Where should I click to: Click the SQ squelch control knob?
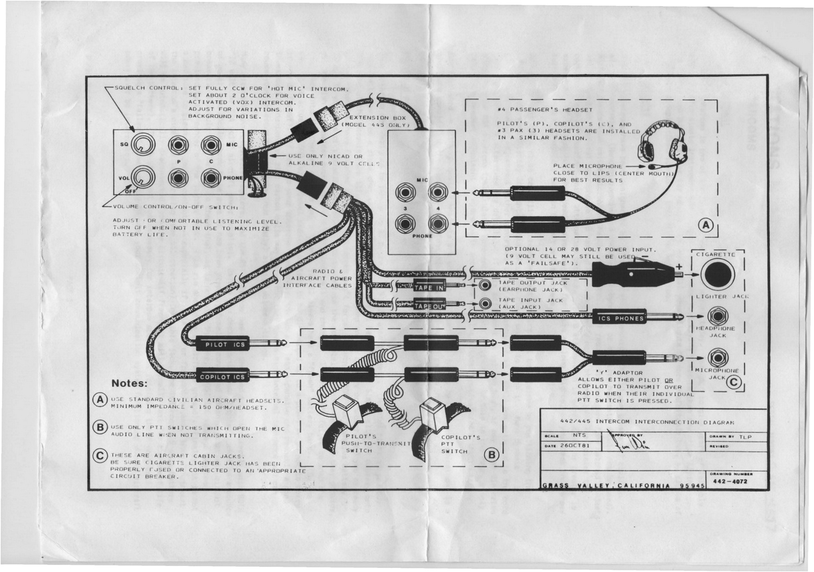(143, 144)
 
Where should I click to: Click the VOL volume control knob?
(143, 177)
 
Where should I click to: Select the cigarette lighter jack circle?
(718, 275)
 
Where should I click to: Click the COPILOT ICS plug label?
(223, 376)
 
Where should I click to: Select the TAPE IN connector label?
(429, 287)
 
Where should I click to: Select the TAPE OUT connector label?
(429, 305)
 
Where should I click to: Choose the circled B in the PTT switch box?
(491, 456)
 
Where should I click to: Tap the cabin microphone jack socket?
(717, 358)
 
